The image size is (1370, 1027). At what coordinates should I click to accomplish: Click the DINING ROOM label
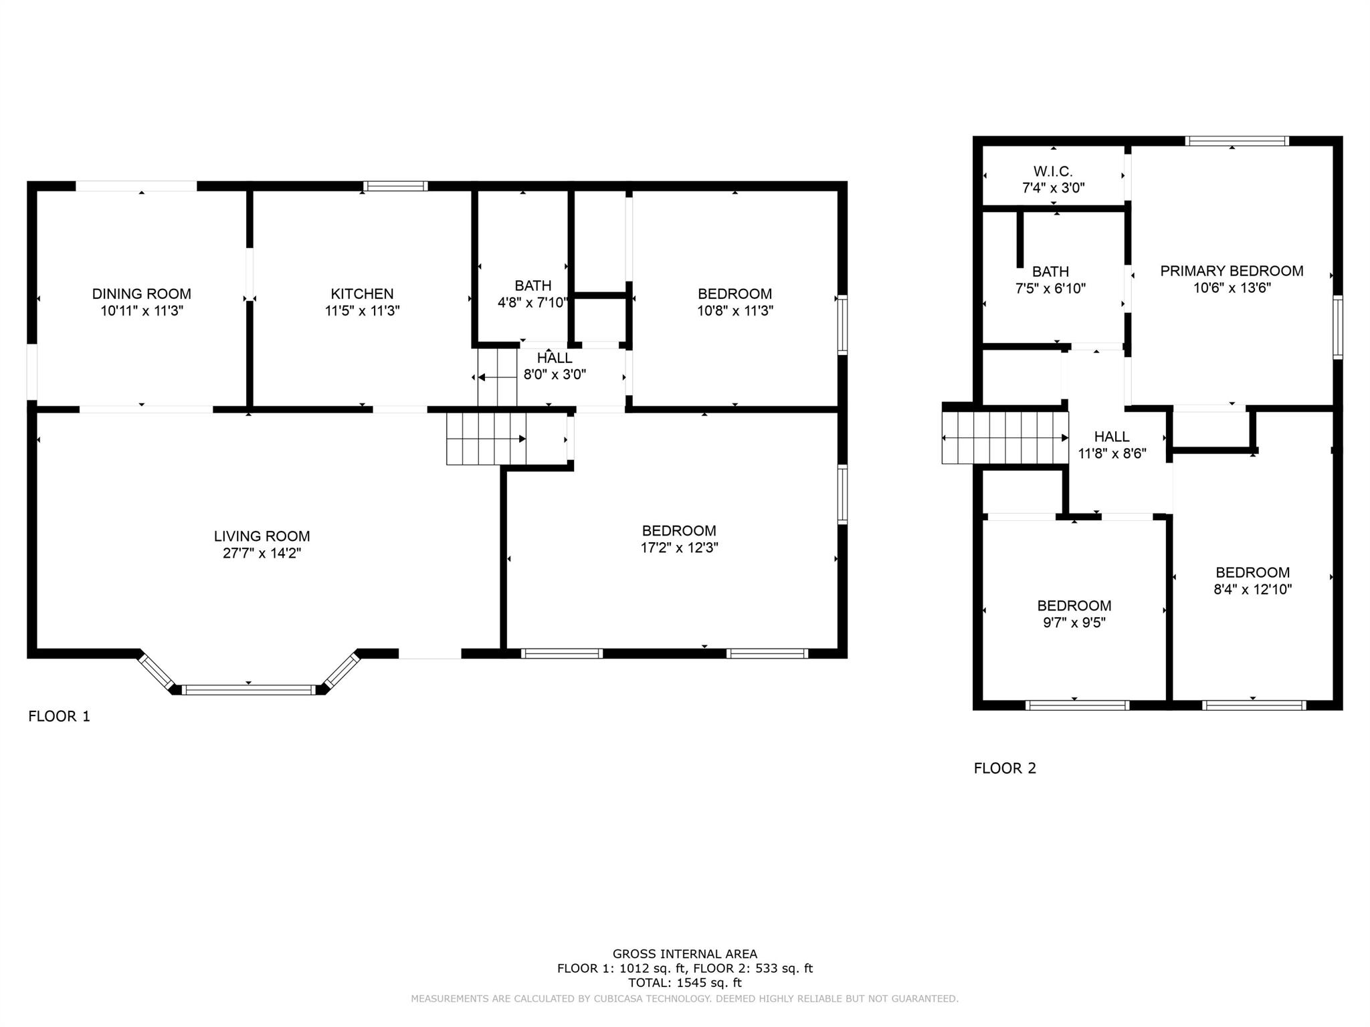141,294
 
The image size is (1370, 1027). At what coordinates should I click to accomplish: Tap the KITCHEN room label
362,294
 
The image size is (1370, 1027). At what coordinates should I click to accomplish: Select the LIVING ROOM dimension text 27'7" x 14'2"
262,553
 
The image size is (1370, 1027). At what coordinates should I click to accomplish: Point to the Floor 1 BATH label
533,286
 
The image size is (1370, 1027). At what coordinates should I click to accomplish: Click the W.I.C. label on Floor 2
1053,172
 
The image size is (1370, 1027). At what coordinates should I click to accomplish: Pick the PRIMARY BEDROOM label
1232,271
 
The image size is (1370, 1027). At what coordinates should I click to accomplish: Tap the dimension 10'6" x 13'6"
1232,288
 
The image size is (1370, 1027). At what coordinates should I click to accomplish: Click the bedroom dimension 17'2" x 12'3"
679,548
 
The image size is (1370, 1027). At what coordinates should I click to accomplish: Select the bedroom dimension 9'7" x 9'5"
1074,622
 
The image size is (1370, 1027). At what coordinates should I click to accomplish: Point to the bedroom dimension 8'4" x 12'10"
1252,590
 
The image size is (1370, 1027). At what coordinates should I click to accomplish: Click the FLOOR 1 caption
59,716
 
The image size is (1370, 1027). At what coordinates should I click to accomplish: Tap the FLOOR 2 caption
1005,768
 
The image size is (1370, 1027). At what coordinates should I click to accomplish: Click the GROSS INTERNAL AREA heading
685,954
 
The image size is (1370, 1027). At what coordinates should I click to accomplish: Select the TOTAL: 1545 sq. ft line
685,982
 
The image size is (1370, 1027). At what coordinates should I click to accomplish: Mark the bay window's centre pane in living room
248,690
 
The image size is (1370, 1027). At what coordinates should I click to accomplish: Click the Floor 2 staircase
1005,438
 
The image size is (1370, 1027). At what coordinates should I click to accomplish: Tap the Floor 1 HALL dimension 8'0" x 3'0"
555,375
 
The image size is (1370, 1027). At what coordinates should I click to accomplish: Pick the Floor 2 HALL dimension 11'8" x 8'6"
1112,454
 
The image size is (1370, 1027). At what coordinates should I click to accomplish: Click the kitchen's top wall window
395,186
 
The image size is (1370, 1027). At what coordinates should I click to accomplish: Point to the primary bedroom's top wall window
1237,141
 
